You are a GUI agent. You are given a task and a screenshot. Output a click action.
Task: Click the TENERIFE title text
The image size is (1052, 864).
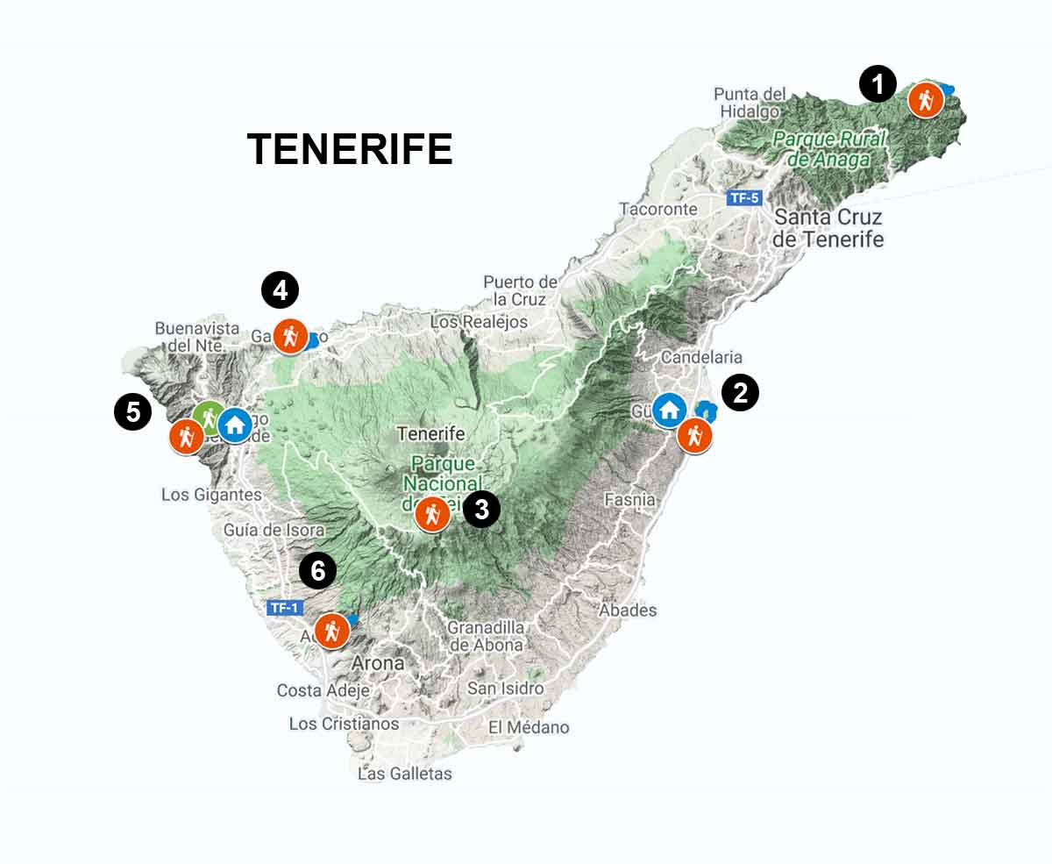(x=350, y=149)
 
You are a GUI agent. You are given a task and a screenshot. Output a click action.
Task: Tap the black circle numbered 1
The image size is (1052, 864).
(x=878, y=85)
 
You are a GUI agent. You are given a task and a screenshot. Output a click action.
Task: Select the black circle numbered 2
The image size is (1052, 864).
(x=740, y=393)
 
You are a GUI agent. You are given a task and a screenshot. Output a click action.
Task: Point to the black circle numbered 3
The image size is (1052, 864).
(x=481, y=509)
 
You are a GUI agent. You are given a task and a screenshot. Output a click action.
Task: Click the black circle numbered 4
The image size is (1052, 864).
(x=280, y=290)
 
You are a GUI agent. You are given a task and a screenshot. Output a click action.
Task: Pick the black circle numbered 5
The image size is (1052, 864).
(x=132, y=411)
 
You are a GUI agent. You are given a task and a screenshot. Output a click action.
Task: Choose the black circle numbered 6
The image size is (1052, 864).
(x=317, y=572)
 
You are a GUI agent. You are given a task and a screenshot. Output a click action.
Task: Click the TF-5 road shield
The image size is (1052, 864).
(x=743, y=197)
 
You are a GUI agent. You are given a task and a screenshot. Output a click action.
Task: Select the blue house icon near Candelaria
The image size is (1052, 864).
(x=670, y=410)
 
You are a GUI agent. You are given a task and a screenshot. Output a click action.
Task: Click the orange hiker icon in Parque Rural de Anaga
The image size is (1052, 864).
(x=925, y=100)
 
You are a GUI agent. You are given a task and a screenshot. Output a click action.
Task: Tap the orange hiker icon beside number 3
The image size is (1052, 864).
(x=431, y=514)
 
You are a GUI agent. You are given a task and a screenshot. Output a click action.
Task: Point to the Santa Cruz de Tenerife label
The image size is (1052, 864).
(x=828, y=227)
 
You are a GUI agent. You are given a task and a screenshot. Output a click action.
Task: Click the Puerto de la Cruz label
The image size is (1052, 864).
(x=521, y=290)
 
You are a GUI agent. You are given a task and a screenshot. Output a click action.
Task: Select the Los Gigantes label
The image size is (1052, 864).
(x=211, y=495)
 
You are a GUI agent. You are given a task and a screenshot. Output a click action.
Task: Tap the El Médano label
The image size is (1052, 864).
(x=529, y=727)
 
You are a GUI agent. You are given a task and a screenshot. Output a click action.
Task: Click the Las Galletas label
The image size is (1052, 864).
(x=405, y=774)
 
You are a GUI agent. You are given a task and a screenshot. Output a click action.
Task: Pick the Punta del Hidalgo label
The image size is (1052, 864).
(x=750, y=102)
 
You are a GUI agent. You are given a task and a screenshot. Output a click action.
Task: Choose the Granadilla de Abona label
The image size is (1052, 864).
(x=486, y=636)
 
